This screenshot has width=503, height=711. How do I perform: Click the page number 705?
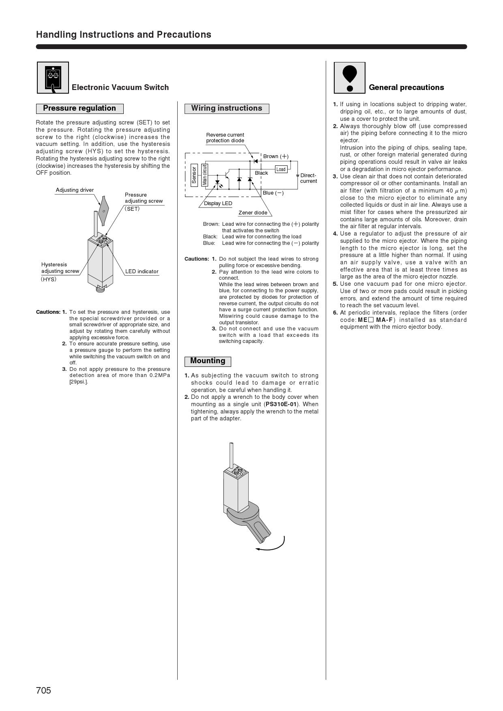[44, 690]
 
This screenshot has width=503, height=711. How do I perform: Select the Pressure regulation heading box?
[80, 108]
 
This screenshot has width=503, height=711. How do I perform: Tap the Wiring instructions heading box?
[226, 108]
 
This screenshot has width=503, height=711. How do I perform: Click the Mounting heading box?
[208, 361]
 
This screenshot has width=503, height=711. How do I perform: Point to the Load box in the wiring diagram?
[281, 169]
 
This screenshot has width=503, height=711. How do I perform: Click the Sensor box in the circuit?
[194, 175]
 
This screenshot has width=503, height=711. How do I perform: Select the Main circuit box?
[204, 175]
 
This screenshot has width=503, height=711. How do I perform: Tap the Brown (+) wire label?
[275, 156]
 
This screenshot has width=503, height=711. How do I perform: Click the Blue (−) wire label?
[273, 193]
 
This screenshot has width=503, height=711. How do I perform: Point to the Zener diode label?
[253, 212]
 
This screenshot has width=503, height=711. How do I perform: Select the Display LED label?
[218, 203]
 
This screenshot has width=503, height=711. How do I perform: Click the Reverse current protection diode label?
[225, 137]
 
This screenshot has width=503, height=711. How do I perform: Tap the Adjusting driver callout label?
[75, 190]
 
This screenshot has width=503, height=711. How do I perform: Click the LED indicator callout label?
[142, 271]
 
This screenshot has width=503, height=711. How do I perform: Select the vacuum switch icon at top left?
[53, 77]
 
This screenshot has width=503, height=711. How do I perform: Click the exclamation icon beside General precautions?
[349, 77]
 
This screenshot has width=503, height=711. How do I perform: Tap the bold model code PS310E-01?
[282, 404]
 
